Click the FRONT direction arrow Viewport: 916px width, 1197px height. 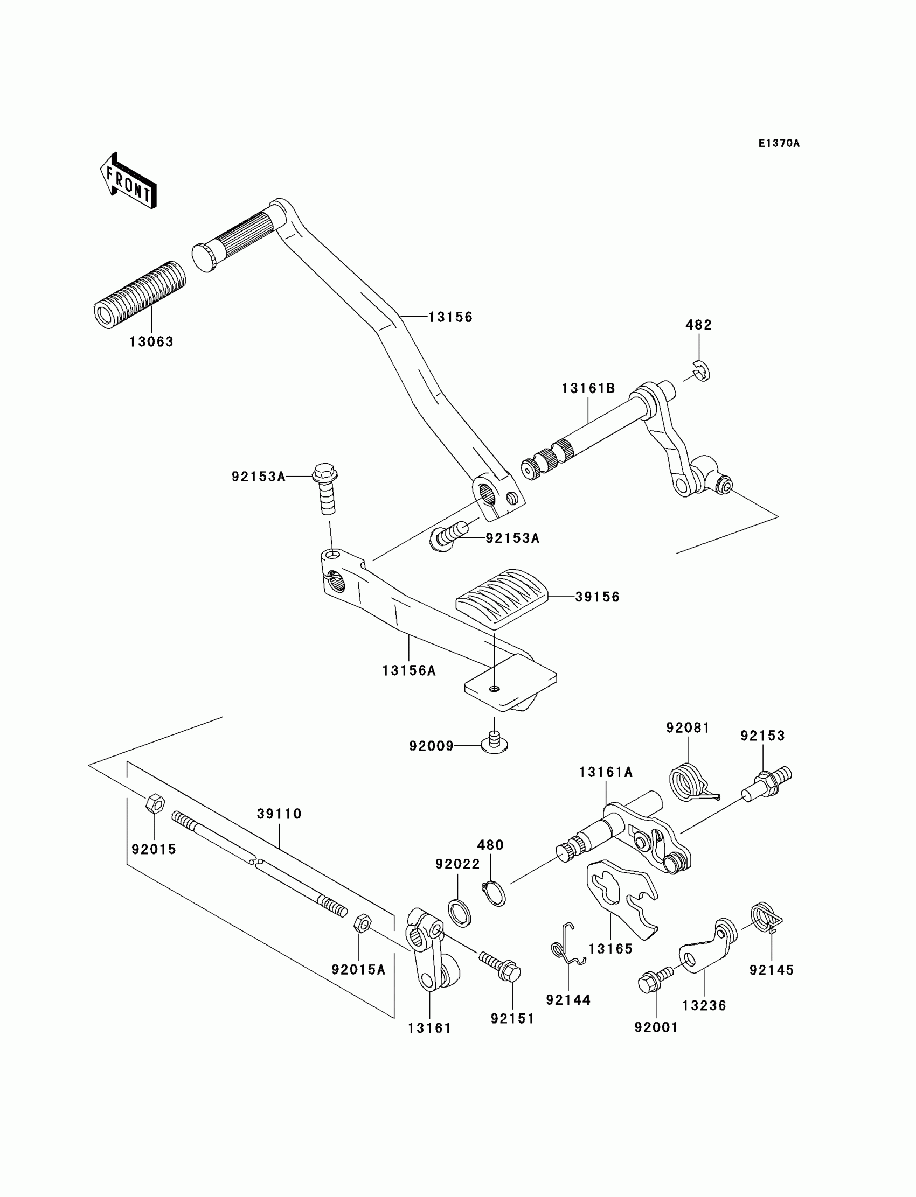[x=128, y=181]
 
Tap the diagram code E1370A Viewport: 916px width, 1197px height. [x=779, y=143]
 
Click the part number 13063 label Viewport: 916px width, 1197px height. [x=151, y=341]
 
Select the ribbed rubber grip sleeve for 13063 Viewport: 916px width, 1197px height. [x=140, y=295]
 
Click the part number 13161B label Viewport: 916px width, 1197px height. [x=588, y=388]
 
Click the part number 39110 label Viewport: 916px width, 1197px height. [x=279, y=814]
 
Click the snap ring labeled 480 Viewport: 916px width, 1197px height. [x=494, y=893]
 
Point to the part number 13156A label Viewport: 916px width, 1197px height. [x=409, y=671]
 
